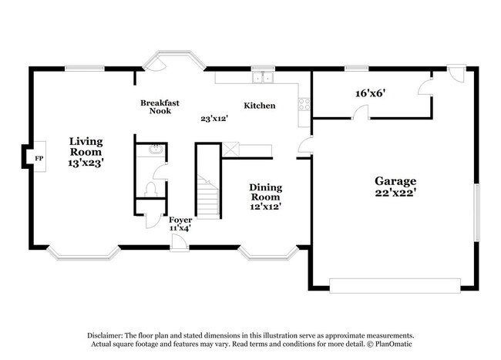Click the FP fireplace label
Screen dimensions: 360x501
click(x=37, y=158)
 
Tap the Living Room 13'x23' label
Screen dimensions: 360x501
click(x=86, y=152)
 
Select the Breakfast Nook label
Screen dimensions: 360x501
click(x=160, y=106)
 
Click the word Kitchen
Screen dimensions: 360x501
click(x=260, y=106)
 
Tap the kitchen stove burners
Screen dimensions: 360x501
click(x=304, y=105)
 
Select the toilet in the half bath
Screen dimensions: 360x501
click(x=152, y=187)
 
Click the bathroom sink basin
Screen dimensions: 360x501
click(x=156, y=150)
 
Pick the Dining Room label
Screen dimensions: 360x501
click(x=264, y=197)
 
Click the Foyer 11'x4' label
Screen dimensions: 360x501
click(x=180, y=224)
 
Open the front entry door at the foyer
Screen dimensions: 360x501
click(x=178, y=244)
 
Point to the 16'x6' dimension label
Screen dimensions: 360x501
click(x=370, y=93)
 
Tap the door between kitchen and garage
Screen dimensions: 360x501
click(x=305, y=147)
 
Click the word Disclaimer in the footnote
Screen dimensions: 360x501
click(x=107, y=335)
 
